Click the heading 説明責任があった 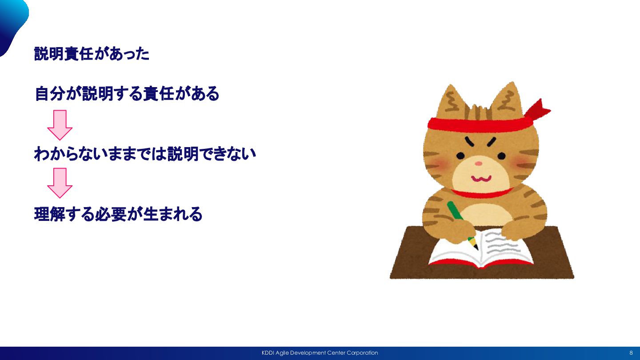coord(92,54)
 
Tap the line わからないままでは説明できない coord(145,154)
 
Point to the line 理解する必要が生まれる coord(118,214)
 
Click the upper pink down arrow coord(60,125)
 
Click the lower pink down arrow coord(60,183)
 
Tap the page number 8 coord(631,353)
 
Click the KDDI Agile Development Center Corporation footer coord(320,353)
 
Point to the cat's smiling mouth coord(481,179)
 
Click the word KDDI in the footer coord(268,353)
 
